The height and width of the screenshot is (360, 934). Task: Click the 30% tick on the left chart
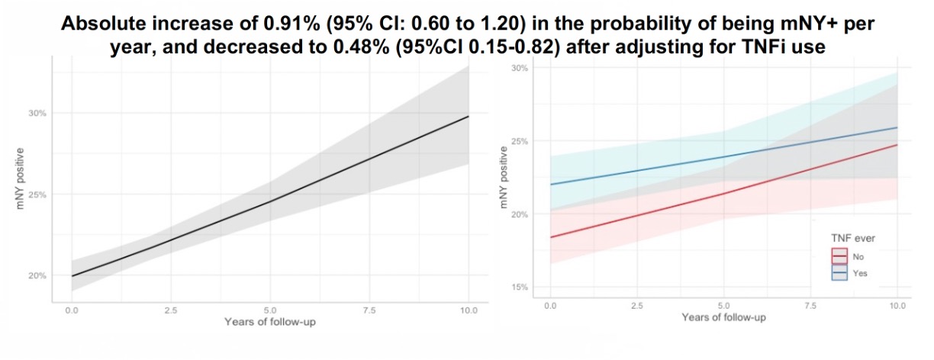click(x=38, y=113)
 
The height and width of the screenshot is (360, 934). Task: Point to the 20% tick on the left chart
click(x=38, y=275)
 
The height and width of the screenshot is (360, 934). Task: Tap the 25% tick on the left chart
click(x=38, y=194)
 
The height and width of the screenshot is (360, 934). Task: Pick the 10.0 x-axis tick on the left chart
click(x=469, y=310)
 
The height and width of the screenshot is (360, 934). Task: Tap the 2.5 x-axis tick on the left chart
click(x=171, y=310)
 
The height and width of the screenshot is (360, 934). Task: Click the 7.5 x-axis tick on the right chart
click(x=810, y=305)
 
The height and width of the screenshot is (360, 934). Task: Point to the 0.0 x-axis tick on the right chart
click(x=550, y=305)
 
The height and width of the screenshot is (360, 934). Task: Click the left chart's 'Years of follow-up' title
click(x=270, y=321)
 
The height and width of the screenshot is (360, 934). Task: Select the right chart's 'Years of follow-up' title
click(x=723, y=317)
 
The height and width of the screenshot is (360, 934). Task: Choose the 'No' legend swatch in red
click(x=839, y=257)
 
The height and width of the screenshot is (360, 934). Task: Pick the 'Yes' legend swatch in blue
click(x=839, y=273)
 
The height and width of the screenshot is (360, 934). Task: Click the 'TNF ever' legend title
click(x=852, y=239)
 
